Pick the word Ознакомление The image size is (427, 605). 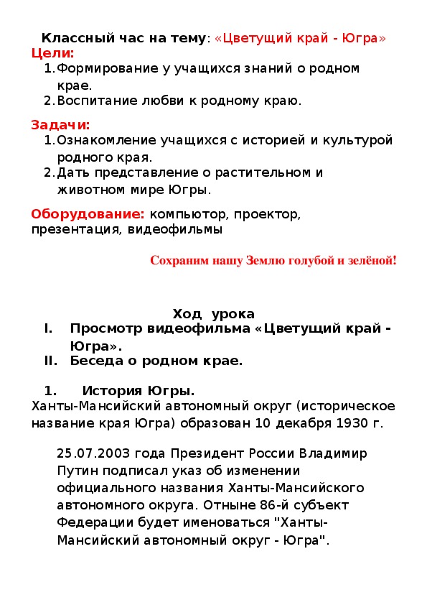pyautogui.click(x=101, y=140)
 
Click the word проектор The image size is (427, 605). pyautogui.click(x=270, y=214)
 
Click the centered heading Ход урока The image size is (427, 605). pyautogui.click(x=213, y=314)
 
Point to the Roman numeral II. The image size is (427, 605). pyautogui.click(x=50, y=361)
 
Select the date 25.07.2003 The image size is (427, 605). pyautogui.click(x=93, y=454)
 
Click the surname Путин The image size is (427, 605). pyautogui.click(x=78, y=470)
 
